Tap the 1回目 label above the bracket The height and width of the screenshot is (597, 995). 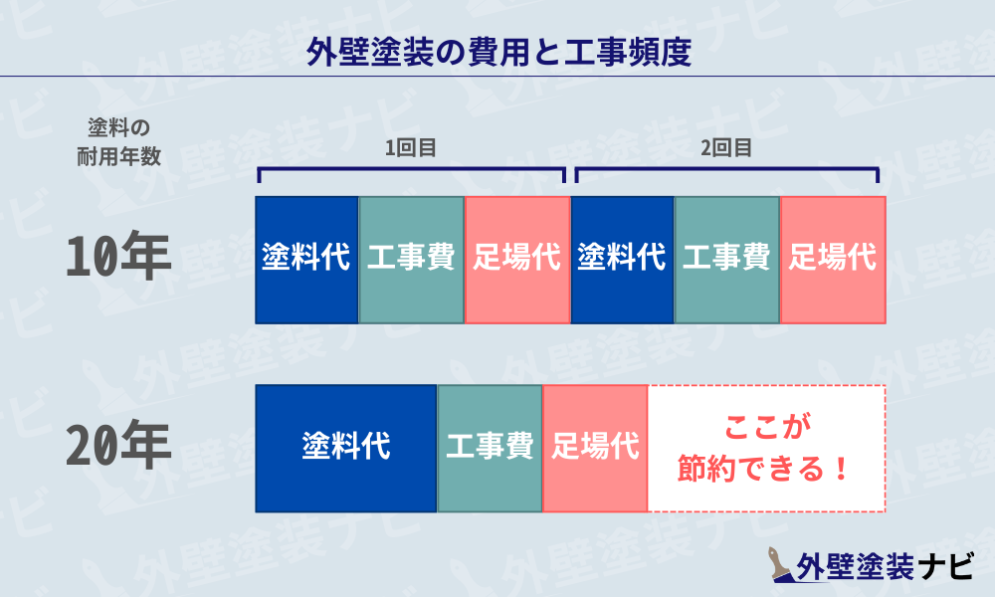pos(411,148)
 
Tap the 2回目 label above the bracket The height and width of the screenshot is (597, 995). pos(725,148)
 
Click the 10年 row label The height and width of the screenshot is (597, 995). pos(118,259)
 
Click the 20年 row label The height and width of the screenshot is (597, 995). pos(118,448)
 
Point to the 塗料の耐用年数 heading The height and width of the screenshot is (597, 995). pos(118,141)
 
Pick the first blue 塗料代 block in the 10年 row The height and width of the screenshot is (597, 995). pos(306,259)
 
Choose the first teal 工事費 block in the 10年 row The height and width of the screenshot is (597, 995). pos(411,259)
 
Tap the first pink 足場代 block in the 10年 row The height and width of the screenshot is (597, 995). pos(516,259)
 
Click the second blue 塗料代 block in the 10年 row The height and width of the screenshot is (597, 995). pos(622,259)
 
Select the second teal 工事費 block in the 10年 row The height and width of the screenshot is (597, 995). pos(726,259)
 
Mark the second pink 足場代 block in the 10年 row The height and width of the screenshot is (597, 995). pos(833,259)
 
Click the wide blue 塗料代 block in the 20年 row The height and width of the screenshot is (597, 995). pos(345,448)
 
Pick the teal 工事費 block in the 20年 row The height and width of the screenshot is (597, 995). pos(490,448)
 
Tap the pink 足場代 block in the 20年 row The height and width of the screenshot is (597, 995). pos(595,448)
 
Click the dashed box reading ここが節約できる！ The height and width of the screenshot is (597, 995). pos(766,448)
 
